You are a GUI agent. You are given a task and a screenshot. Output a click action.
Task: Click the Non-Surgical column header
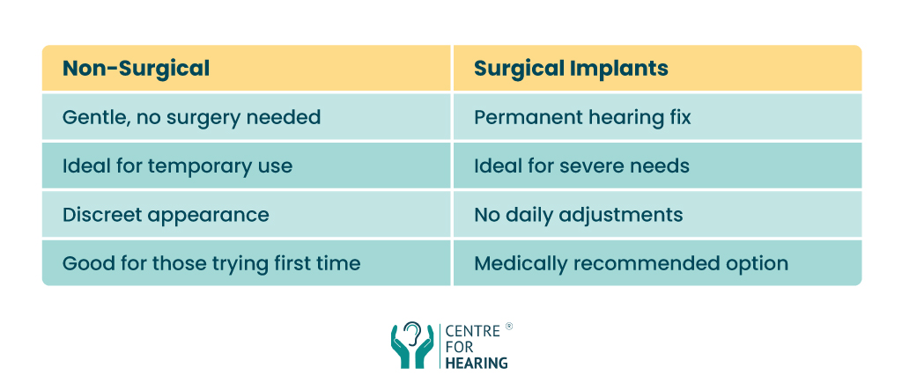click(x=247, y=68)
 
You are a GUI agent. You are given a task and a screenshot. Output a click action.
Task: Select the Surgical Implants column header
click(x=657, y=68)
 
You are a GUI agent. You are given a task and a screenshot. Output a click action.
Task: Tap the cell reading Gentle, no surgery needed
click(x=247, y=117)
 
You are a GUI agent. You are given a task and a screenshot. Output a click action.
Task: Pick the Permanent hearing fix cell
click(x=657, y=117)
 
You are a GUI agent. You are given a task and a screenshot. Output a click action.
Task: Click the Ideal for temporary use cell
click(x=247, y=166)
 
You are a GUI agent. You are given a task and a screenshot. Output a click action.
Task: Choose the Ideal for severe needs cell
click(x=657, y=166)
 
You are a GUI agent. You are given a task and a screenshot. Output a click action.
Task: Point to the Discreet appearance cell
click(x=247, y=214)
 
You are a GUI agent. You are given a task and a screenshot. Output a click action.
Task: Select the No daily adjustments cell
click(x=657, y=214)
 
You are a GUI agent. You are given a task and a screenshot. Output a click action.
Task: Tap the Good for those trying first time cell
click(x=247, y=263)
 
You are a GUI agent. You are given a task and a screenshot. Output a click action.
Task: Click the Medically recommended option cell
click(x=657, y=263)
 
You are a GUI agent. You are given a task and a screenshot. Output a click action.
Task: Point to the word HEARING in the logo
click(x=477, y=363)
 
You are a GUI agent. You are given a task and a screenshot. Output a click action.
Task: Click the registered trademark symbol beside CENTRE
click(x=508, y=326)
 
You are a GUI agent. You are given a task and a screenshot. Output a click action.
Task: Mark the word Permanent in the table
click(x=518, y=117)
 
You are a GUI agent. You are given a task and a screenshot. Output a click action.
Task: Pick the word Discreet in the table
click(x=99, y=215)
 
